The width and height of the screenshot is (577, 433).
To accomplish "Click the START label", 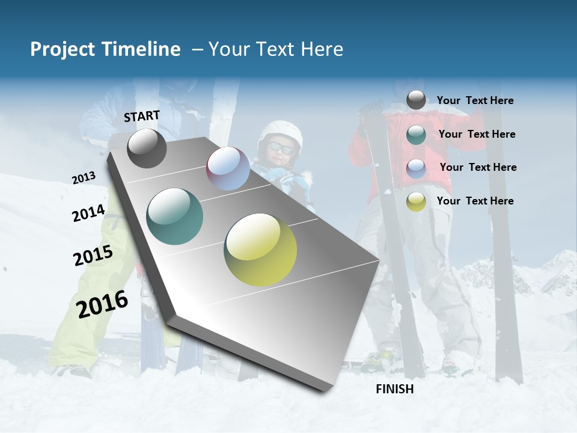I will pyautogui.click(x=142, y=116).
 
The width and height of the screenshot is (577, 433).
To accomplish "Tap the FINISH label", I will pyautogui.click(x=395, y=389).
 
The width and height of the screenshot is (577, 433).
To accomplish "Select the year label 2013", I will pyautogui.click(x=84, y=178).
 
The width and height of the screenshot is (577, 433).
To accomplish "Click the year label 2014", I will pyautogui.click(x=88, y=213).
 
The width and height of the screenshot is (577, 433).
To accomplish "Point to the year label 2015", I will pyautogui.click(x=93, y=256).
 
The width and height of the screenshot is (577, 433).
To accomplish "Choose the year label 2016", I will pyautogui.click(x=102, y=304).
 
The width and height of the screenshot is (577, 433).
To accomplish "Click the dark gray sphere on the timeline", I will pyautogui.click(x=147, y=148).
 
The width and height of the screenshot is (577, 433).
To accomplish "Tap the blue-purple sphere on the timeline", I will pyautogui.click(x=228, y=168).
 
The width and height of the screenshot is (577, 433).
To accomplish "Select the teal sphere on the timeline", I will pyautogui.click(x=175, y=216).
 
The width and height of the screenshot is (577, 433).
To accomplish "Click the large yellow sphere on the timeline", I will pyautogui.click(x=260, y=250).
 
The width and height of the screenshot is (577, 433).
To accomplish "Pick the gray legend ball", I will pyautogui.click(x=416, y=100).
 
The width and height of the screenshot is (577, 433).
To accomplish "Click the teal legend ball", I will pyautogui.click(x=416, y=135).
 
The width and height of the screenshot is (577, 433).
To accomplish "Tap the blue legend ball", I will pyautogui.click(x=416, y=168).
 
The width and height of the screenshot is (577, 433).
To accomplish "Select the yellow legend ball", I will pyautogui.click(x=416, y=201).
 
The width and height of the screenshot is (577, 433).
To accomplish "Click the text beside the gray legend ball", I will pyautogui.click(x=475, y=101).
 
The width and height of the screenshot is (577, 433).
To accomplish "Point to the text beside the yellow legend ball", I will pyautogui.click(x=475, y=201).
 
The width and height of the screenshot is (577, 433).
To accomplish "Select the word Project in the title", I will pyautogui.click(x=60, y=49).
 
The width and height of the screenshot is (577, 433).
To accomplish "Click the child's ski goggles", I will pyautogui.click(x=281, y=147).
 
